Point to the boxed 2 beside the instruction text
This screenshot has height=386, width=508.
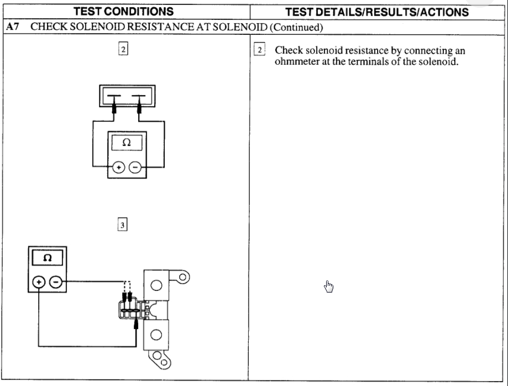tap(259, 50)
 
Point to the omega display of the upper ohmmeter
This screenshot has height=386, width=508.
tap(127, 142)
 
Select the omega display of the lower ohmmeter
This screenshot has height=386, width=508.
tap(48, 258)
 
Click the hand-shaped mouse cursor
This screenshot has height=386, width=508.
tap(329, 286)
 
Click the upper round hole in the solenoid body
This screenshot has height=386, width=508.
tap(156, 285)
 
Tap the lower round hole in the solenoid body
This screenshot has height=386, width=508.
tap(156, 334)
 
